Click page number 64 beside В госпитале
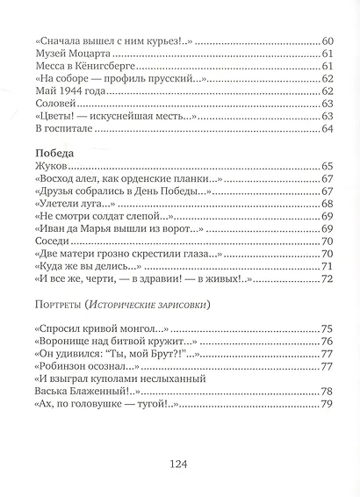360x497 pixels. coord(328,129)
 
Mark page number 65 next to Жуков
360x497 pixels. coord(328,166)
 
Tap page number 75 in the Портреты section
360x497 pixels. coord(328,328)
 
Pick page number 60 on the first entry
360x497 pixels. coord(328,42)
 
